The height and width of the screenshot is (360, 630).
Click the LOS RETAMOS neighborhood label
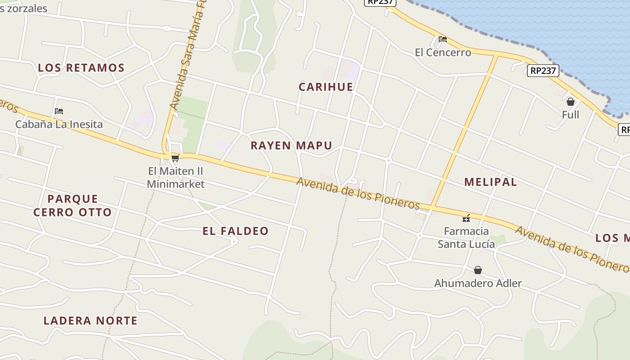81,68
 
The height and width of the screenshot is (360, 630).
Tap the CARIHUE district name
326,87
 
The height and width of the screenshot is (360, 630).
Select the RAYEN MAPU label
291,145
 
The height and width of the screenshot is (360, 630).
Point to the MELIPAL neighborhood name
490,182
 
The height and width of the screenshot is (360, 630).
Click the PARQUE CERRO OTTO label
72,205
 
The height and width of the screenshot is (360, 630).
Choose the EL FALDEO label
235,231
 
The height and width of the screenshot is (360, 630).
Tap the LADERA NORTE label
90,320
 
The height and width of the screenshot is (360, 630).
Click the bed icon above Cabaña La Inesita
59,111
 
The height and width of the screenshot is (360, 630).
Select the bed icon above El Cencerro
443,39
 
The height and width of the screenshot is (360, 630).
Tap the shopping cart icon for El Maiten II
175,158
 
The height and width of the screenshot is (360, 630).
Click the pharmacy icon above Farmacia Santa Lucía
466,218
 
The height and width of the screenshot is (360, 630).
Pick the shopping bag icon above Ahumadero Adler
478,270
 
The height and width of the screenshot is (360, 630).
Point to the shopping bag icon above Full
571,102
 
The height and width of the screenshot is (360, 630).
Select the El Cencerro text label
443,53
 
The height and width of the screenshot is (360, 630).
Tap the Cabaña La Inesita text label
59,124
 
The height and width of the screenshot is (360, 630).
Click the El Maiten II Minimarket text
175,177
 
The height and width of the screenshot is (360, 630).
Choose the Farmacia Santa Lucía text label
466,237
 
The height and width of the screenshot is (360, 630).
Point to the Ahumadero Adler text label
478,283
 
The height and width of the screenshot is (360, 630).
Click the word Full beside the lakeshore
571,115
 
